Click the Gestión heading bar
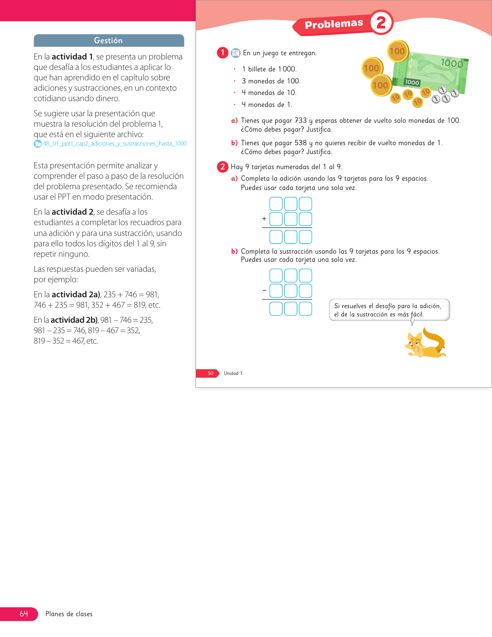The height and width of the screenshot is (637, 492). pyautogui.click(x=108, y=41)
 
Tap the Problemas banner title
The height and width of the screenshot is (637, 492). pyautogui.click(x=334, y=24)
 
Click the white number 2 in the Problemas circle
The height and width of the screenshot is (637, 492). pyautogui.click(x=381, y=22)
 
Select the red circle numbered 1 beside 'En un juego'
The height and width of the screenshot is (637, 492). pyautogui.click(x=223, y=53)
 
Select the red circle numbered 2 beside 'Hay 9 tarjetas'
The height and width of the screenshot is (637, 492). pyautogui.click(x=223, y=167)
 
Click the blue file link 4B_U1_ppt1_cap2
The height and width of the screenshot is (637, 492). pyautogui.click(x=115, y=144)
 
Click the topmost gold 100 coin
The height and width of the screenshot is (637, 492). pyautogui.click(x=397, y=51)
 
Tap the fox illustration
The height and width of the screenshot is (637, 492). pyautogui.click(x=425, y=343)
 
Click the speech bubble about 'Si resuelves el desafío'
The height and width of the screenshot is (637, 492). pyautogui.click(x=389, y=310)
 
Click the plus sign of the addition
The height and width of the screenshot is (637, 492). pyautogui.click(x=264, y=219)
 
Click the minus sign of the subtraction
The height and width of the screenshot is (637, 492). pyautogui.click(x=264, y=290)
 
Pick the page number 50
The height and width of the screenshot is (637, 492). pyautogui.click(x=210, y=373)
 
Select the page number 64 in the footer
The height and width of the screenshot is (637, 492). pyautogui.click(x=24, y=614)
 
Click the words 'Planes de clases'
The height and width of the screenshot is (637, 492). pyautogui.click(x=69, y=614)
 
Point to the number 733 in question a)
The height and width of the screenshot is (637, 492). pyautogui.click(x=301, y=120)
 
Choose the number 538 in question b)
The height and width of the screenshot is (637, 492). pyautogui.click(x=301, y=143)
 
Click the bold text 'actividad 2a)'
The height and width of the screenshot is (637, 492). pyautogui.click(x=76, y=295)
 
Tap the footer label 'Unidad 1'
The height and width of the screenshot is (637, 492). pyautogui.click(x=233, y=373)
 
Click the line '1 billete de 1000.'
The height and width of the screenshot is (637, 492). pyautogui.click(x=269, y=69)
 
